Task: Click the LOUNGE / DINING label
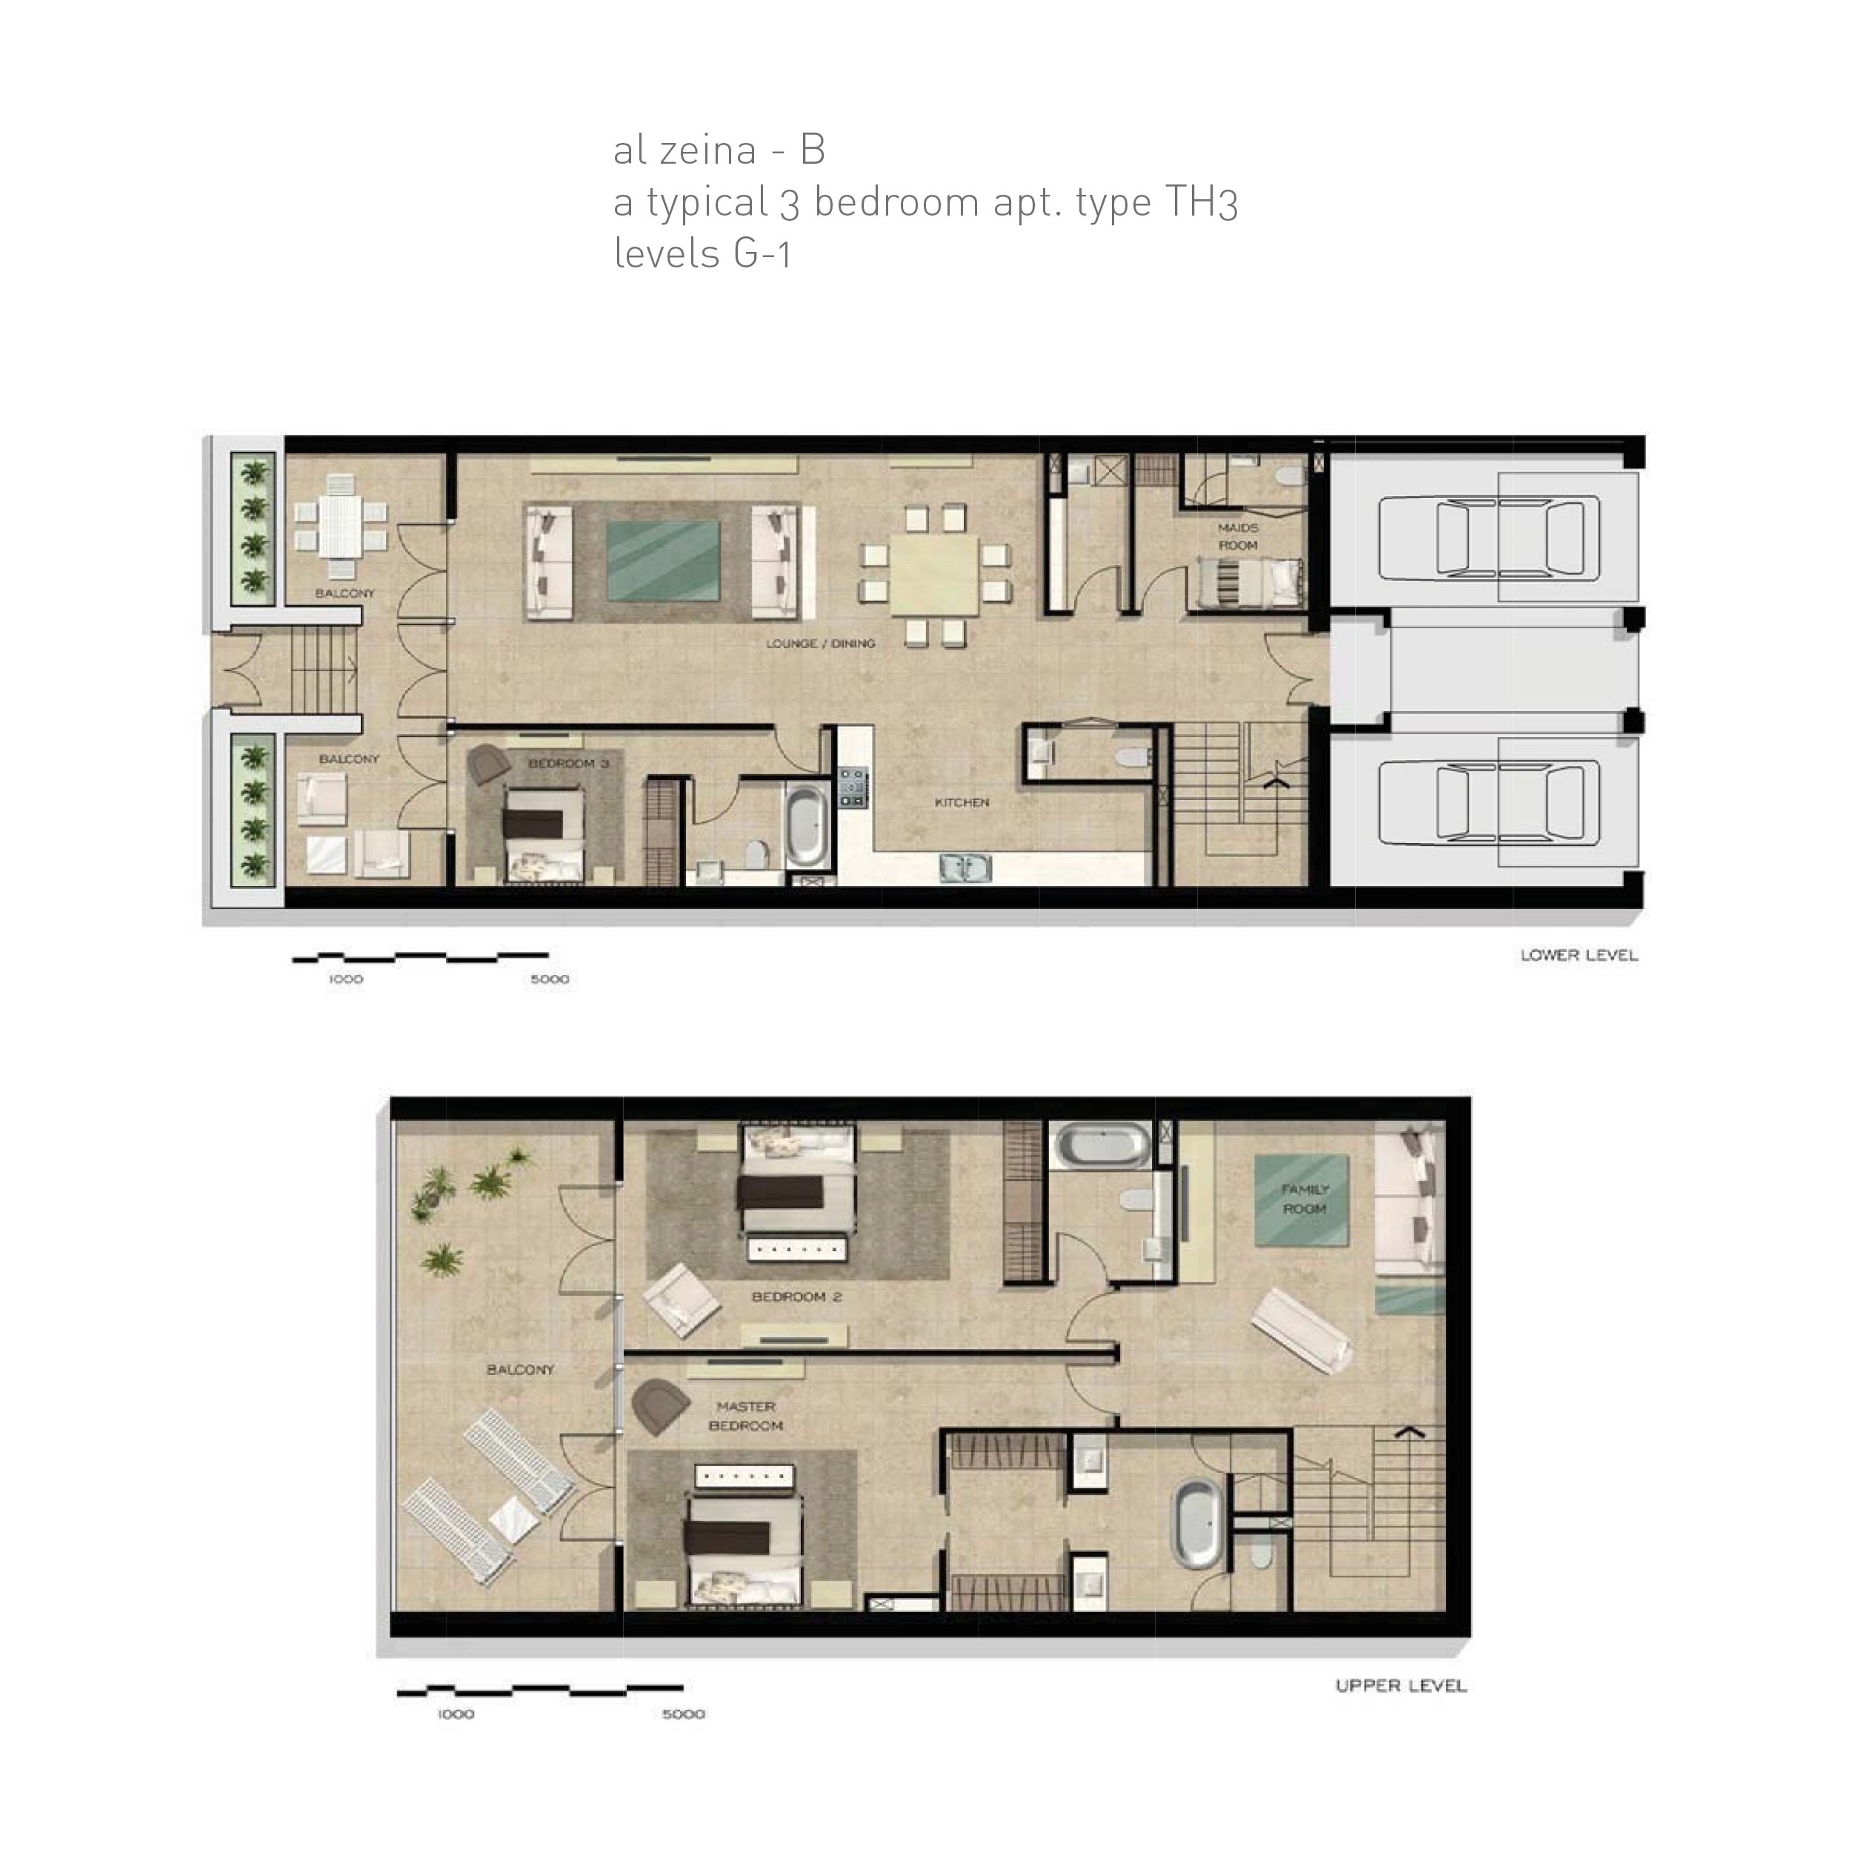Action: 821,643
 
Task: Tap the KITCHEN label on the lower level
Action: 962,802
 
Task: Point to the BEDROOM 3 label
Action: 568,764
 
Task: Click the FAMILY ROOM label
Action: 1305,1199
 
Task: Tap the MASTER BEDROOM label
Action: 746,1416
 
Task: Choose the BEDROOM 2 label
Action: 796,1297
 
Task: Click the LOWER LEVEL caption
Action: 1579,955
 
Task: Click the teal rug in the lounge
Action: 663,561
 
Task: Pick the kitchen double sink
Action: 965,867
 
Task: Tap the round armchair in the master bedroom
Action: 661,1405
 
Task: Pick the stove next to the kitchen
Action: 851,786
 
